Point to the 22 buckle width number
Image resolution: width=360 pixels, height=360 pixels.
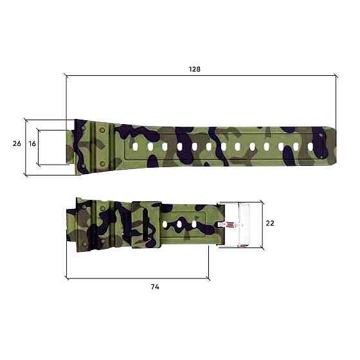point(270,223)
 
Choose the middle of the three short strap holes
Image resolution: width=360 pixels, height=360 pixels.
point(181,225)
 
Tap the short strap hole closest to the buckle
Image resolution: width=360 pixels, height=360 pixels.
point(195,225)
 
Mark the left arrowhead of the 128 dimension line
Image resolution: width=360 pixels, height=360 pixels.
point(67,76)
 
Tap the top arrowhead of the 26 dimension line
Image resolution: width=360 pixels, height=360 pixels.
point(25,120)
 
